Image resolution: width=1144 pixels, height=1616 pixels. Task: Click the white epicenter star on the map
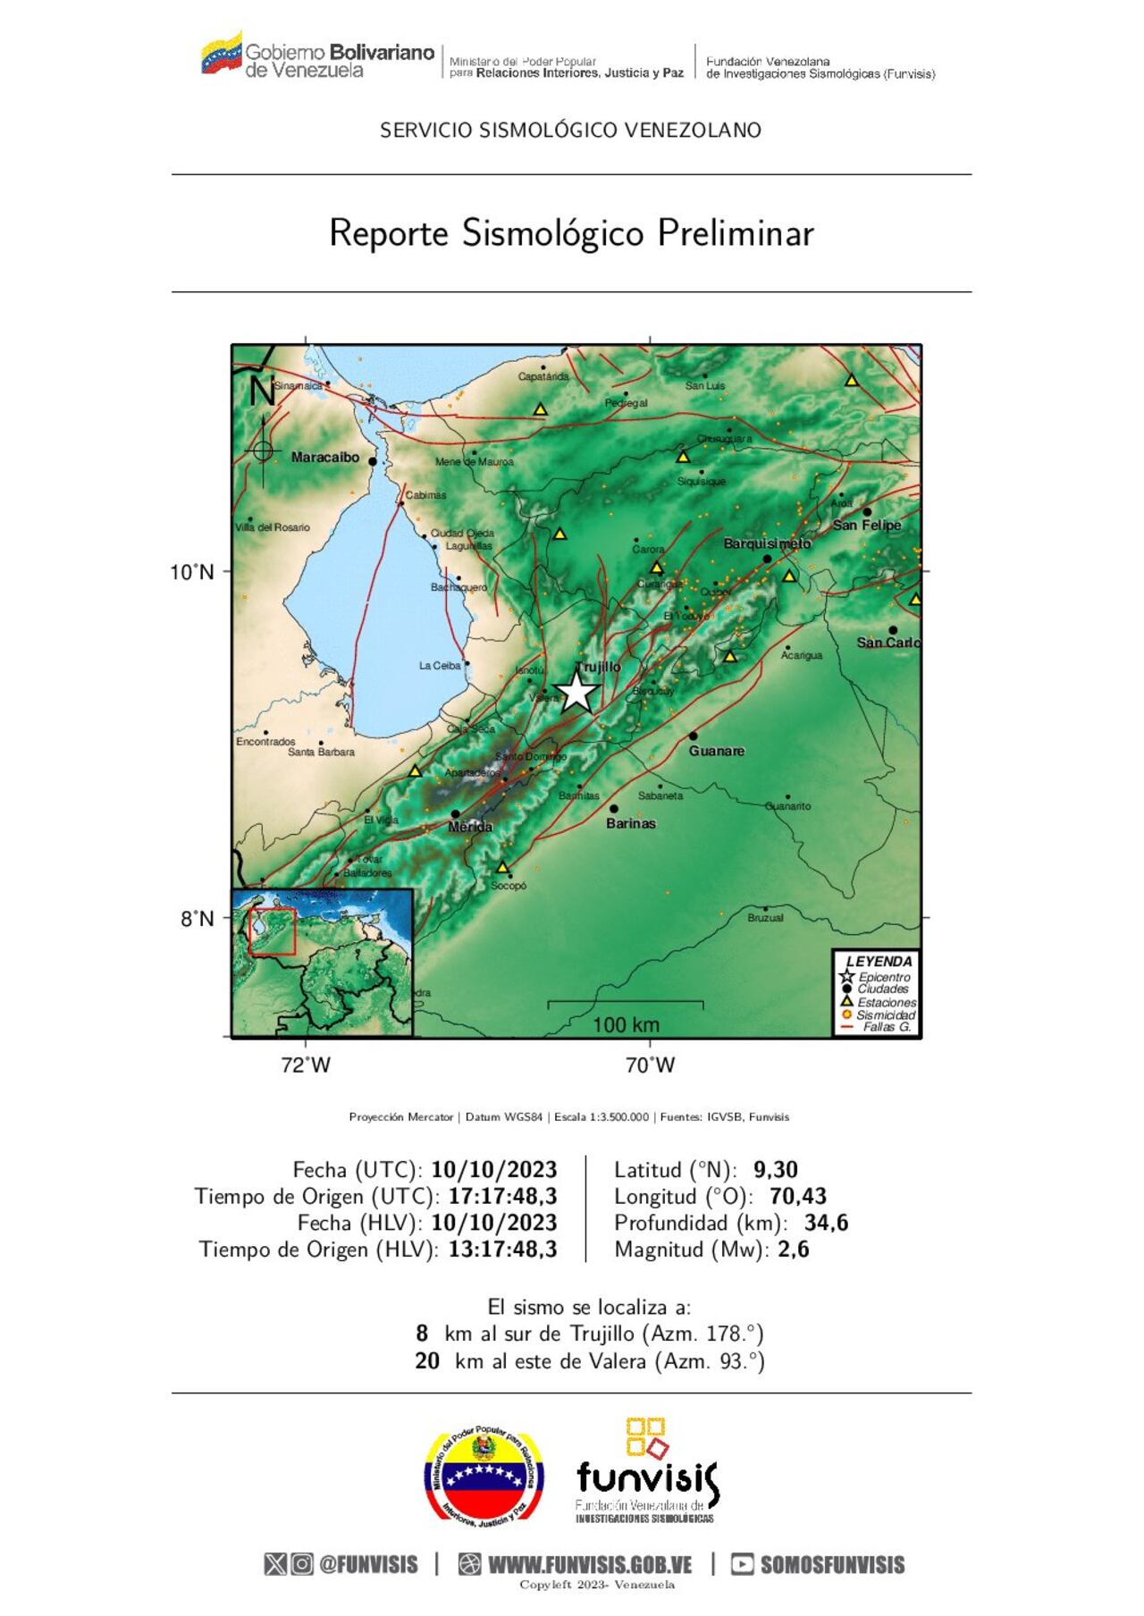[577, 692]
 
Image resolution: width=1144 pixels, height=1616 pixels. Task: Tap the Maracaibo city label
[325, 458]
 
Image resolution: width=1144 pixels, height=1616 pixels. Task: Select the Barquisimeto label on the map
[767, 543]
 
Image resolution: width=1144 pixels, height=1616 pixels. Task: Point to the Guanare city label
[716, 751]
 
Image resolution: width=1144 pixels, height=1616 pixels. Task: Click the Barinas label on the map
[630, 823]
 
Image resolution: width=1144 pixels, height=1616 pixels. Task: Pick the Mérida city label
[470, 827]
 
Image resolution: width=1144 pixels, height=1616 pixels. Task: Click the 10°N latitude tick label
[192, 572]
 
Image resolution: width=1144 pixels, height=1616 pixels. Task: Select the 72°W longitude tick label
[306, 1065]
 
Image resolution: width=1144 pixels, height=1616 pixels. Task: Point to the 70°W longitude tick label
[650, 1065]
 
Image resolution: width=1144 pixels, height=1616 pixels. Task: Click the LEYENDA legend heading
[879, 962]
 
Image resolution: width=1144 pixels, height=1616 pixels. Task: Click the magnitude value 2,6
[794, 1250]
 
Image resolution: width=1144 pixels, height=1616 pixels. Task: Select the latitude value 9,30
[776, 1170]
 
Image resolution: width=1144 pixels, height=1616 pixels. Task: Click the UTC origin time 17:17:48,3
[503, 1197]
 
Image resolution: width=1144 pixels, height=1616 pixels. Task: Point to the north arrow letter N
[262, 391]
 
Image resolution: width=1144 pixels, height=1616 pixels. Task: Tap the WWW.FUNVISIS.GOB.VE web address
[590, 1565]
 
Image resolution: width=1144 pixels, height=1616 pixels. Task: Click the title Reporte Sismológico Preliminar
[571, 233]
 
